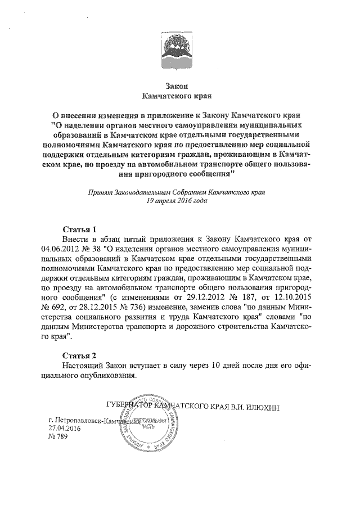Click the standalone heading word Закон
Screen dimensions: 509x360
click(179, 85)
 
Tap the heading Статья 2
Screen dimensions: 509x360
click(79, 355)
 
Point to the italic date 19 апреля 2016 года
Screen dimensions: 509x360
click(179, 201)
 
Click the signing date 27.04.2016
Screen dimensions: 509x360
click(65, 428)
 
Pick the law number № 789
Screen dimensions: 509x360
click(58, 437)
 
